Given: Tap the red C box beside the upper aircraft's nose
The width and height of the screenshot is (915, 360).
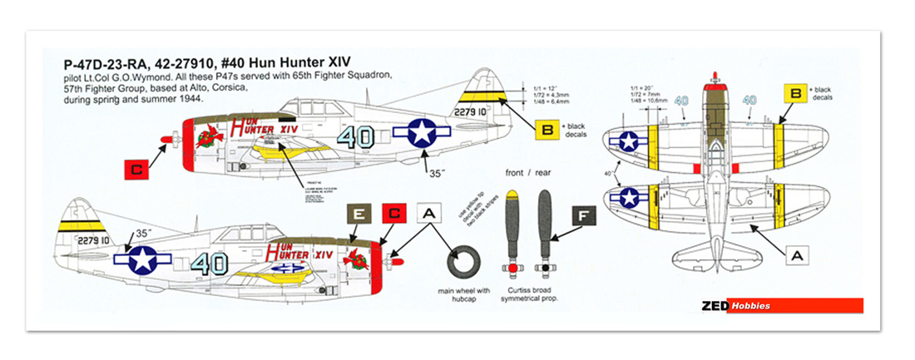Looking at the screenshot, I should click(x=136, y=170).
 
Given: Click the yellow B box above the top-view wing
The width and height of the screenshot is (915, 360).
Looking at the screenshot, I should click(x=795, y=95).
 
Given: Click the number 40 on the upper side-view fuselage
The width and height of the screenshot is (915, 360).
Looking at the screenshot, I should click(x=363, y=137).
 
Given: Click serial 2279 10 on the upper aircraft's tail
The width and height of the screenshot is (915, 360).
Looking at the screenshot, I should click(x=474, y=111).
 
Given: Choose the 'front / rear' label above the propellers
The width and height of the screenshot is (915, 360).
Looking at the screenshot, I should click(x=527, y=174).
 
